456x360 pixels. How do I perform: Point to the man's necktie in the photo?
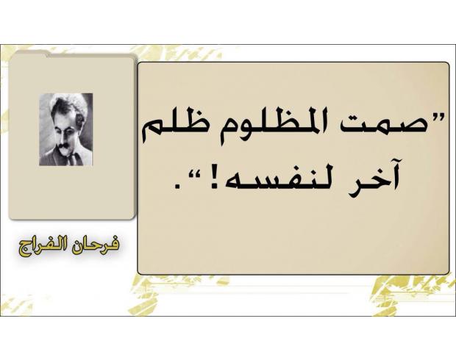click(x=71, y=158)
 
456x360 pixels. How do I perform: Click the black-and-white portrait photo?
click(x=65, y=129)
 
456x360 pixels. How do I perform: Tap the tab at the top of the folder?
click(x=31, y=54)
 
